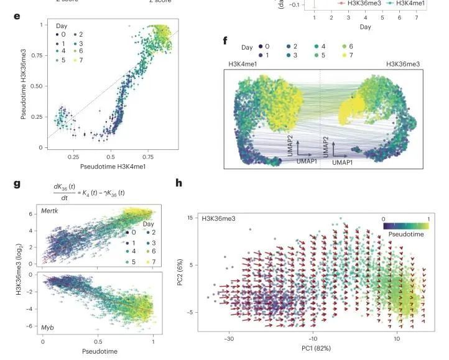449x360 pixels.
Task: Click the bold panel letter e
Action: pyautogui.click(x=17, y=15)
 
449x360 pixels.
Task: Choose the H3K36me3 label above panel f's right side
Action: pyautogui.click(x=403, y=63)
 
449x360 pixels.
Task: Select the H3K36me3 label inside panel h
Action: pyautogui.click(x=218, y=219)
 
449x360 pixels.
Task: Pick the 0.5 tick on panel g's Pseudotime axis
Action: pyautogui.click(x=98, y=342)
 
